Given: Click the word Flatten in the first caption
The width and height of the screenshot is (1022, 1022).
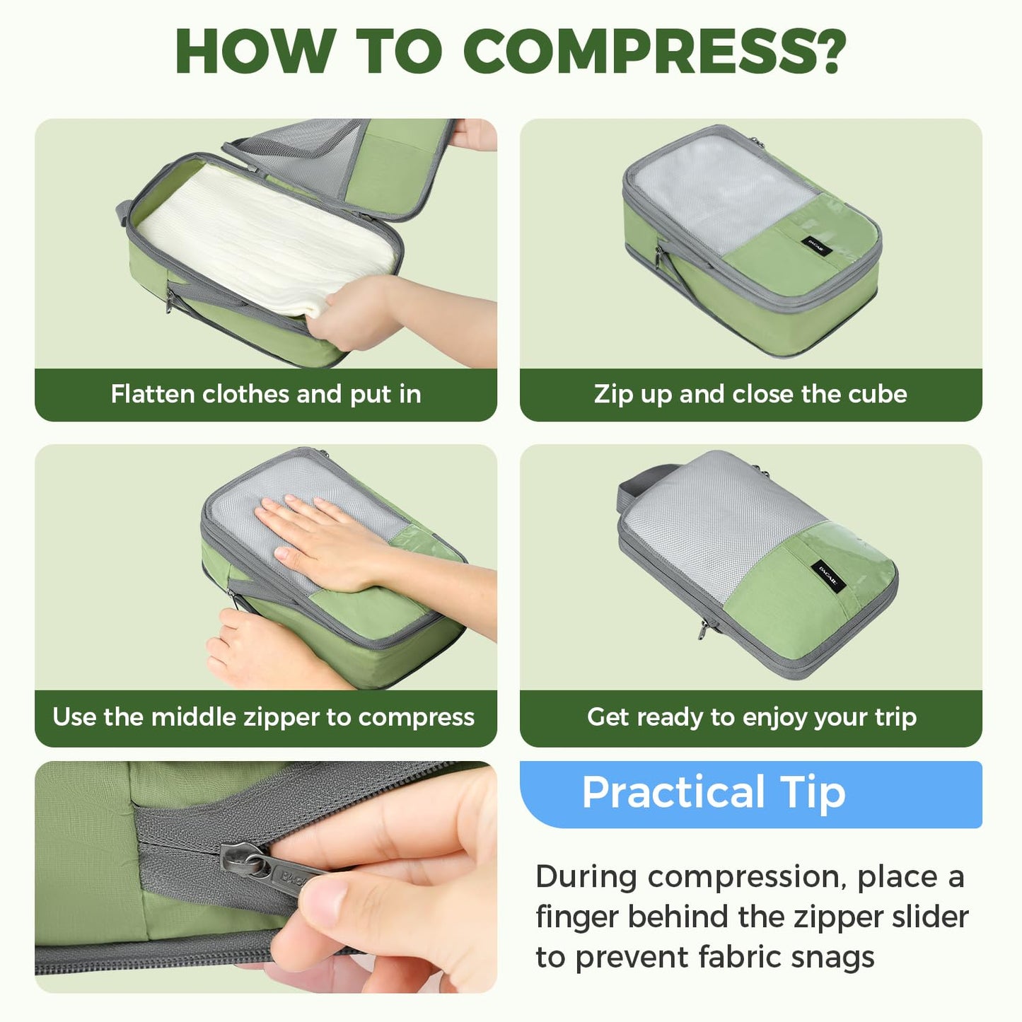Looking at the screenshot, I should [x=153, y=394].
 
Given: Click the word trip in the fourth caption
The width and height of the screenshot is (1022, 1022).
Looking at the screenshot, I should [x=895, y=717].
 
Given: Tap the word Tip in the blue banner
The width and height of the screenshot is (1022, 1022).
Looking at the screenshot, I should [x=813, y=792].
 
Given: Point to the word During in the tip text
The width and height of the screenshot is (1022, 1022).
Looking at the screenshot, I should [x=586, y=877].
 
